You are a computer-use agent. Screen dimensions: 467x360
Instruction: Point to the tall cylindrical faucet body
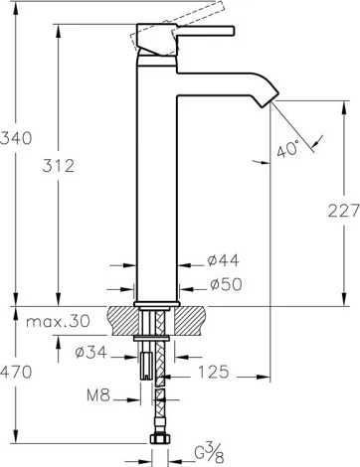point(154,179)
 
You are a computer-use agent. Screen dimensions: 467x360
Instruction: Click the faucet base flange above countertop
point(155,299)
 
